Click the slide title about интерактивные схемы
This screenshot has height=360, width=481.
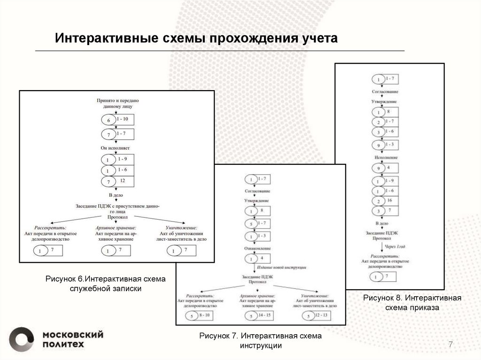coord(196,38)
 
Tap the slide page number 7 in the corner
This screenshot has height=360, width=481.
coord(450,345)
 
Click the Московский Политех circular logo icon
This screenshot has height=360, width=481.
coord(22,338)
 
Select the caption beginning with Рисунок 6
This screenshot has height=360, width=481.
coord(106,284)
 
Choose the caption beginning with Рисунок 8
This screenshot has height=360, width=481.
coord(412,303)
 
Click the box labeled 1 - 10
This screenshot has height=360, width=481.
coord(123,119)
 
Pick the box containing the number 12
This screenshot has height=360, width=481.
coord(123,180)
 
